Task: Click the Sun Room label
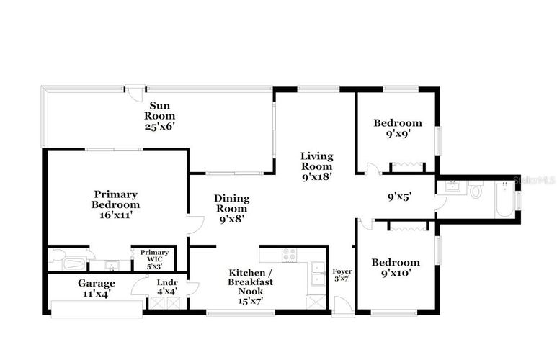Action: pos(159,111)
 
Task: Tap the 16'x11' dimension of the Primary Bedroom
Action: pos(117,215)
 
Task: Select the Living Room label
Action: pos(317,161)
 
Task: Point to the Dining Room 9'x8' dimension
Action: pos(231,219)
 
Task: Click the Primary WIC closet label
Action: pos(154,256)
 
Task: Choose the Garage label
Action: pos(97,284)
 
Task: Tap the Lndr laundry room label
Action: pos(167,283)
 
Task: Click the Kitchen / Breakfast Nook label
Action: pos(251,282)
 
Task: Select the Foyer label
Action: pos(342,271)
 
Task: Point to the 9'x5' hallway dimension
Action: pos(399,197)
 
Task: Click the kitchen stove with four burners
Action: pos(289,255)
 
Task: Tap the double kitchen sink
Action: pos(318,273)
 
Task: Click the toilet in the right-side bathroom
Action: pos(476,189)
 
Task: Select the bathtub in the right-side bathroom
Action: pos(504,199)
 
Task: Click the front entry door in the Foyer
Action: pos(343,305)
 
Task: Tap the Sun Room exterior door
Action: pos(135,93)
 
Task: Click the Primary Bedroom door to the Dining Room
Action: pos(195,225)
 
